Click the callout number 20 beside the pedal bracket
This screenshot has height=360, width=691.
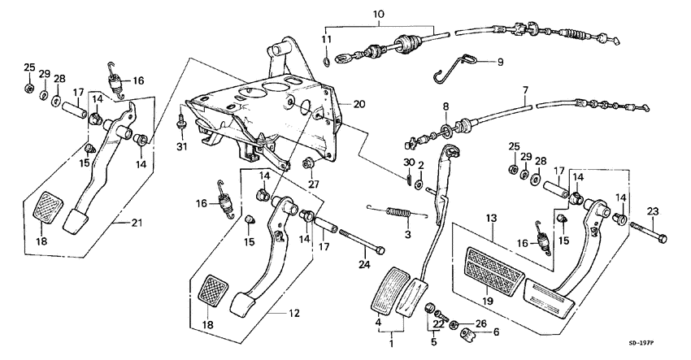click(359, 104)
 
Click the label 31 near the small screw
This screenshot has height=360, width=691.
click(180, 146)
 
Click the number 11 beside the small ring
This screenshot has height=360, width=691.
click(326, 40)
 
